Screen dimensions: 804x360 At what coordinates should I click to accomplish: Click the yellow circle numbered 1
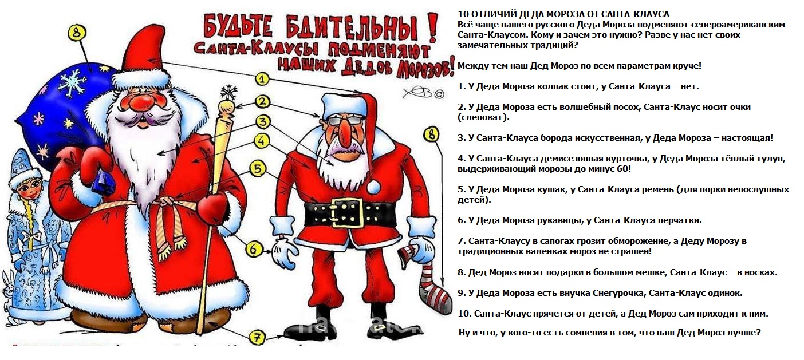[x=263, y=80]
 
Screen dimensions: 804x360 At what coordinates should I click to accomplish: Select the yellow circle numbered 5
[x=258, y=168]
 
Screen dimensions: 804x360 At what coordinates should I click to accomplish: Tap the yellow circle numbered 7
[x=257, y=338]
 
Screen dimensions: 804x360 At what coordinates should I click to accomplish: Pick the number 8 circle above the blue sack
[x=77, y=33]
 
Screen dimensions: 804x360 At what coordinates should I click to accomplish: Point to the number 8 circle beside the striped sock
[x=431, y=135]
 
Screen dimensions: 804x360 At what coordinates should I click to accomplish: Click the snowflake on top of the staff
[x=228, y=92]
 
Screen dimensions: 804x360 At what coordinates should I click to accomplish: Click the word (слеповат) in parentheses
[x=483, y=117]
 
